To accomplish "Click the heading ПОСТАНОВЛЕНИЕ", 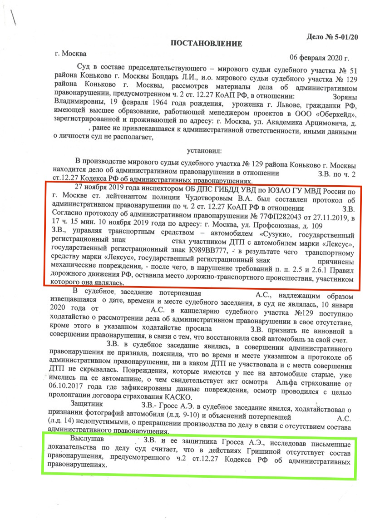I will tap(206, 44).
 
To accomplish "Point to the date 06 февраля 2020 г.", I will tap(319, 58).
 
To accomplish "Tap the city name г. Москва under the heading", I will tap(69, 53).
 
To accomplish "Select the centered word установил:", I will tap(205, 150).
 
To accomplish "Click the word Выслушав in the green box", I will tap(88, 440).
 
